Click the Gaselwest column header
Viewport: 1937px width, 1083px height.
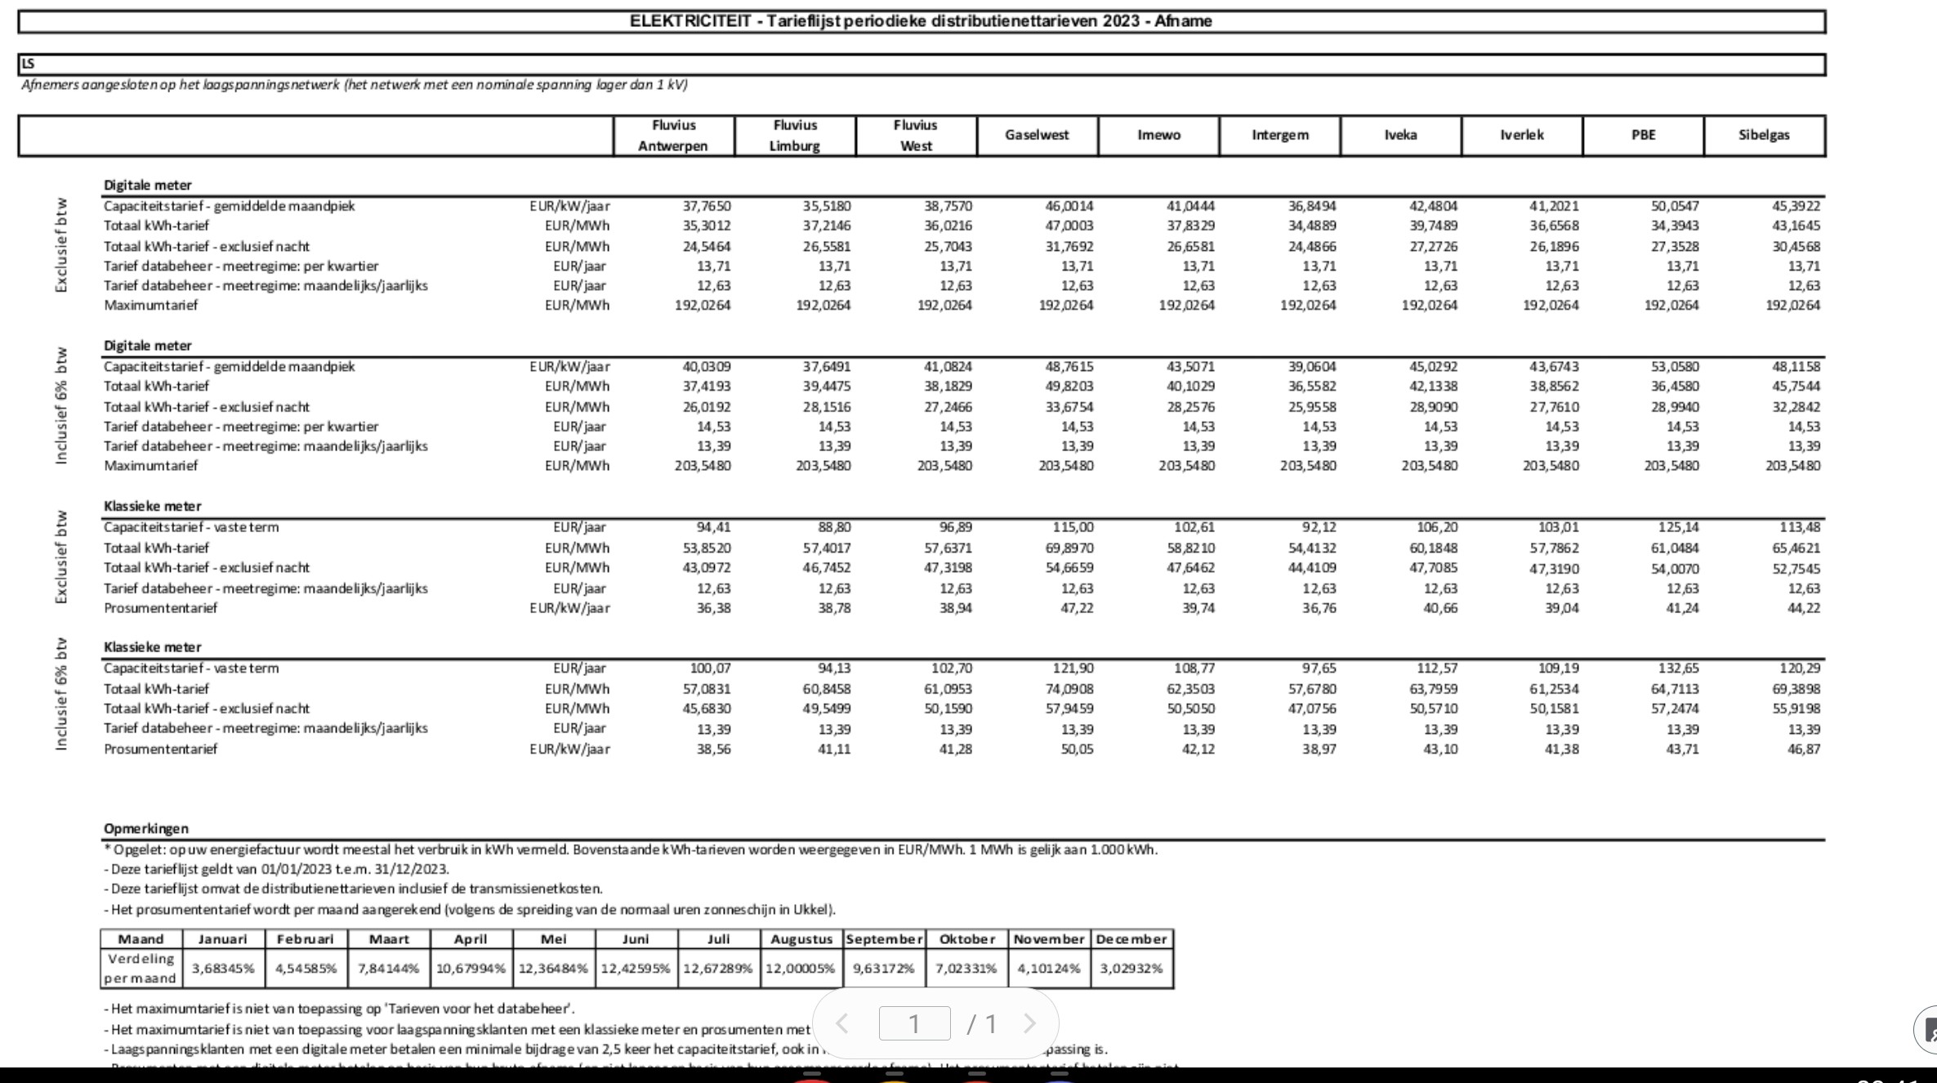pos(1037,135)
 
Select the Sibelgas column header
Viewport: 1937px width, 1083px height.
pos(1764,135)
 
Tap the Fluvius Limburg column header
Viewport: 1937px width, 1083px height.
pos(795,136)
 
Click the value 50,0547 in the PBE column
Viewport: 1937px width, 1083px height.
pos(1674,206)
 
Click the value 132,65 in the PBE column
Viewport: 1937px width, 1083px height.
pos(1678,668)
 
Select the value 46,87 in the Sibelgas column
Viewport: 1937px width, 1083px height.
pos(1803,749)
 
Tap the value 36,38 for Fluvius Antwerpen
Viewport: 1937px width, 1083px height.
pos(713,608)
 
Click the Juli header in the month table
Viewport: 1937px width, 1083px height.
pos(718,939)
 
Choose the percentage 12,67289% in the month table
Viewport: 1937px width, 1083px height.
pos(718,969)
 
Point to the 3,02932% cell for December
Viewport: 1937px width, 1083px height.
pos(1131,969)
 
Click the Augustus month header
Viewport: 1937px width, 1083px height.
pos(801,939)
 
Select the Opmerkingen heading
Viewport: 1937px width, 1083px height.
pos(146,828)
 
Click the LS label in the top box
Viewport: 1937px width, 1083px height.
pos(29,64)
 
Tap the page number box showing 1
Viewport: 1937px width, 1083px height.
pos(914,1023)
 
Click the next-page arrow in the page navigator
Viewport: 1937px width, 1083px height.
pos(1029,1023)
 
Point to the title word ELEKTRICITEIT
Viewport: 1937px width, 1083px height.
pos(690,21)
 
